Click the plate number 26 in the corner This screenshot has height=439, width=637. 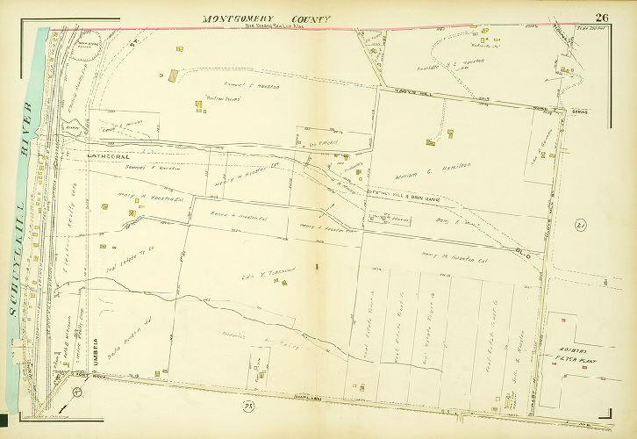[x=602, y=18]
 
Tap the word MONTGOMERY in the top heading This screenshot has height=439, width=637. [x=235, y=18]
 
